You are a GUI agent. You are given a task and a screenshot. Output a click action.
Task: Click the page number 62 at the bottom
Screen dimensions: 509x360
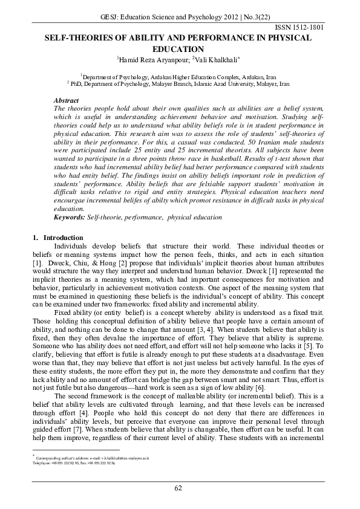pyautogui.click(x=179, y=488)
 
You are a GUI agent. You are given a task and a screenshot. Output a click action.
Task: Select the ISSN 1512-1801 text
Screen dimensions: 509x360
pyautogui.click(x=309, y=28)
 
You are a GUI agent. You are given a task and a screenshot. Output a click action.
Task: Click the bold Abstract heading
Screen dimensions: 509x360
pyautogui.click(x=67, y=99)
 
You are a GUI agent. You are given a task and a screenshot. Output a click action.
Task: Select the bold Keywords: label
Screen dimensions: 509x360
pyautogui.click(x=70, y=216)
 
